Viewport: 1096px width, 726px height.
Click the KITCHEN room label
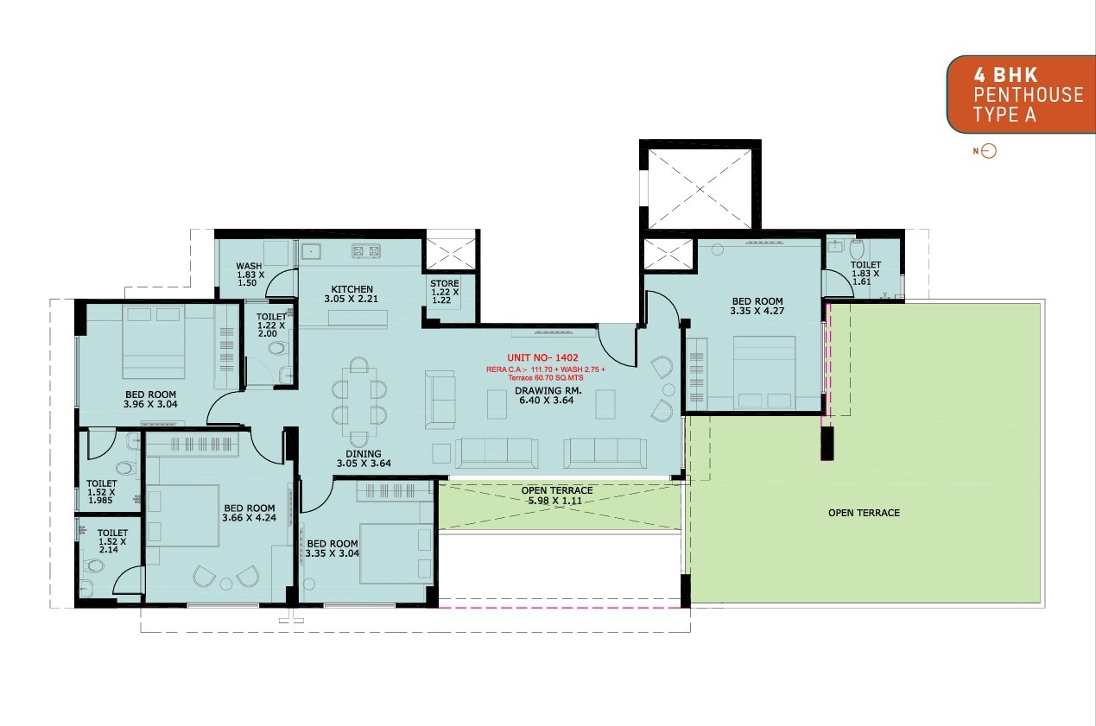[x=352, y=289]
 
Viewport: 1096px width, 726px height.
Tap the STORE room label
[x=444, y=283]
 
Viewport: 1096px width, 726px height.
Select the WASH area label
[x=249, y=266]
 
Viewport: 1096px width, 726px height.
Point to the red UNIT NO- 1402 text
[x=542, y=357]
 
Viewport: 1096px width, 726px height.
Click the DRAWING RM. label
[x=548, y=390]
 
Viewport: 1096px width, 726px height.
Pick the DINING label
[x=363, y=454]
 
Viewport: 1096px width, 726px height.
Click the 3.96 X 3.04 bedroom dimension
[x=150, y=404]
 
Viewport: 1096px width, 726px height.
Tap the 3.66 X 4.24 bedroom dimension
[x=249, y=518]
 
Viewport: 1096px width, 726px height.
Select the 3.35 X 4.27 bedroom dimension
[x=757, y=311]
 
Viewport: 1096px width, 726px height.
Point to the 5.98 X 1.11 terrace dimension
[x=554, y=501]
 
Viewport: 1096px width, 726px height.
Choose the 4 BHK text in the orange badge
[x=1005, y=75]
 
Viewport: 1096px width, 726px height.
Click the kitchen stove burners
[x=366, y=251]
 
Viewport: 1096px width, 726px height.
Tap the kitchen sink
[x=311, y=251]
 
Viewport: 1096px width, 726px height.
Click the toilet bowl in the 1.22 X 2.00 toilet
[x=277, y=348]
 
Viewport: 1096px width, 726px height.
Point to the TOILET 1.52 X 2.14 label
[x=112, y=541]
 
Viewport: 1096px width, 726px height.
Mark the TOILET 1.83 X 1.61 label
[x=865, y=274]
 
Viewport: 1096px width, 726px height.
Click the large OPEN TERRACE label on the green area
[x=864, y=513]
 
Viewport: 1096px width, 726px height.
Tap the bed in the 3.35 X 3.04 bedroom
[x=396, y=554]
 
